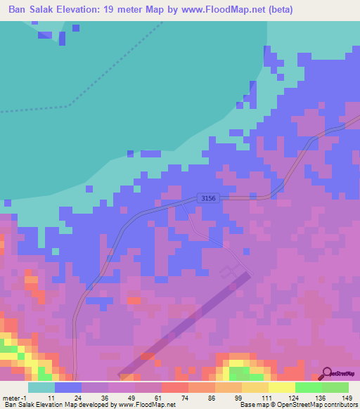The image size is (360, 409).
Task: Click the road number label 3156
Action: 208,199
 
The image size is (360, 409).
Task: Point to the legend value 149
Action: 346,397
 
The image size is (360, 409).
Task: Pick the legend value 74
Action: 185,397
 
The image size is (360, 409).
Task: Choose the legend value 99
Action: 238,397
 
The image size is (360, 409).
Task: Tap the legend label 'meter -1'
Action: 13,397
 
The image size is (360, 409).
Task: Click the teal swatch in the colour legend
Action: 41,387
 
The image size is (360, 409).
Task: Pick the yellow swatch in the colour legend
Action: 281,387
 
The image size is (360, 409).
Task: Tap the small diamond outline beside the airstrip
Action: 229,272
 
